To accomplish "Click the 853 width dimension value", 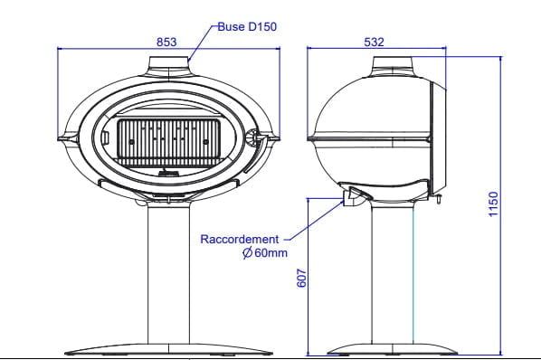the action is pos(166,43).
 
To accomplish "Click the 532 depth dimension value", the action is pos(374,43).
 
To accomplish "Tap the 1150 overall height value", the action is pos(493,204).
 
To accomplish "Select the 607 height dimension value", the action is pos(301,278).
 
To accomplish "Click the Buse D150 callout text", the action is pos(247,27).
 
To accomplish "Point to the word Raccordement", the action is pos(240,240).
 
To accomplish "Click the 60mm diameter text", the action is pos(270,253).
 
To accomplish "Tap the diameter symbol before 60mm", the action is pos(247,253).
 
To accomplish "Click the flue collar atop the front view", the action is pos(169,66).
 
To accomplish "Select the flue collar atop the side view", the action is pos(393,65).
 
